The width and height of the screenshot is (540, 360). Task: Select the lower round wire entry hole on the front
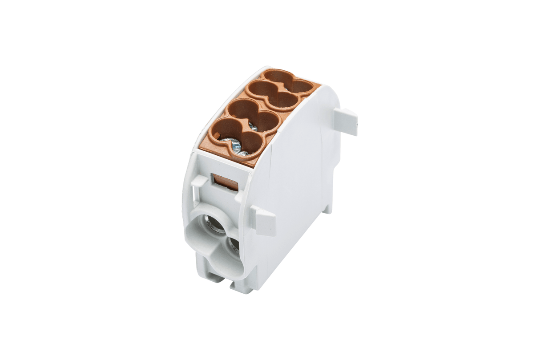point(233,245)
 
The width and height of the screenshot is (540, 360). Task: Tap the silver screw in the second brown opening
point(253,127)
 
